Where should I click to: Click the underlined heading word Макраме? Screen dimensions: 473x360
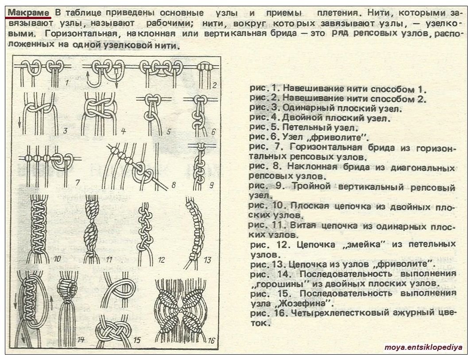[28, 13]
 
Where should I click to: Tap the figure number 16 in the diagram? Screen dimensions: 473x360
[211, 340]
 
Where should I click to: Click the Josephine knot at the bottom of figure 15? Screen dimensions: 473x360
[113, 332]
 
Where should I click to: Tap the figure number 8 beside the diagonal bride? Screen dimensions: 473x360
[174, 184]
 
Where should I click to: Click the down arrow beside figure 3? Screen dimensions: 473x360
[19, 122]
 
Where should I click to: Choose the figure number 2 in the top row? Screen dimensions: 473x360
[214, 86]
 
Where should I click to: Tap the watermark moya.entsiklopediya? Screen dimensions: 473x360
[423, 347]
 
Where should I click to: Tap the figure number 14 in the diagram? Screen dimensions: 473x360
[81, 340]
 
